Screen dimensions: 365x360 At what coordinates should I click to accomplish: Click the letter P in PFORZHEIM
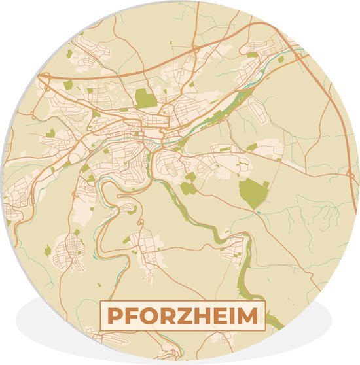coord(115,316)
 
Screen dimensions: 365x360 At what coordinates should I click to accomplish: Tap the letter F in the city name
coord(131,316)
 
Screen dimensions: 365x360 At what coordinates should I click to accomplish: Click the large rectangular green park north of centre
coord(146,98)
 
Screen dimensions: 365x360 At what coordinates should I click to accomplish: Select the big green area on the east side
coord(253,192)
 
